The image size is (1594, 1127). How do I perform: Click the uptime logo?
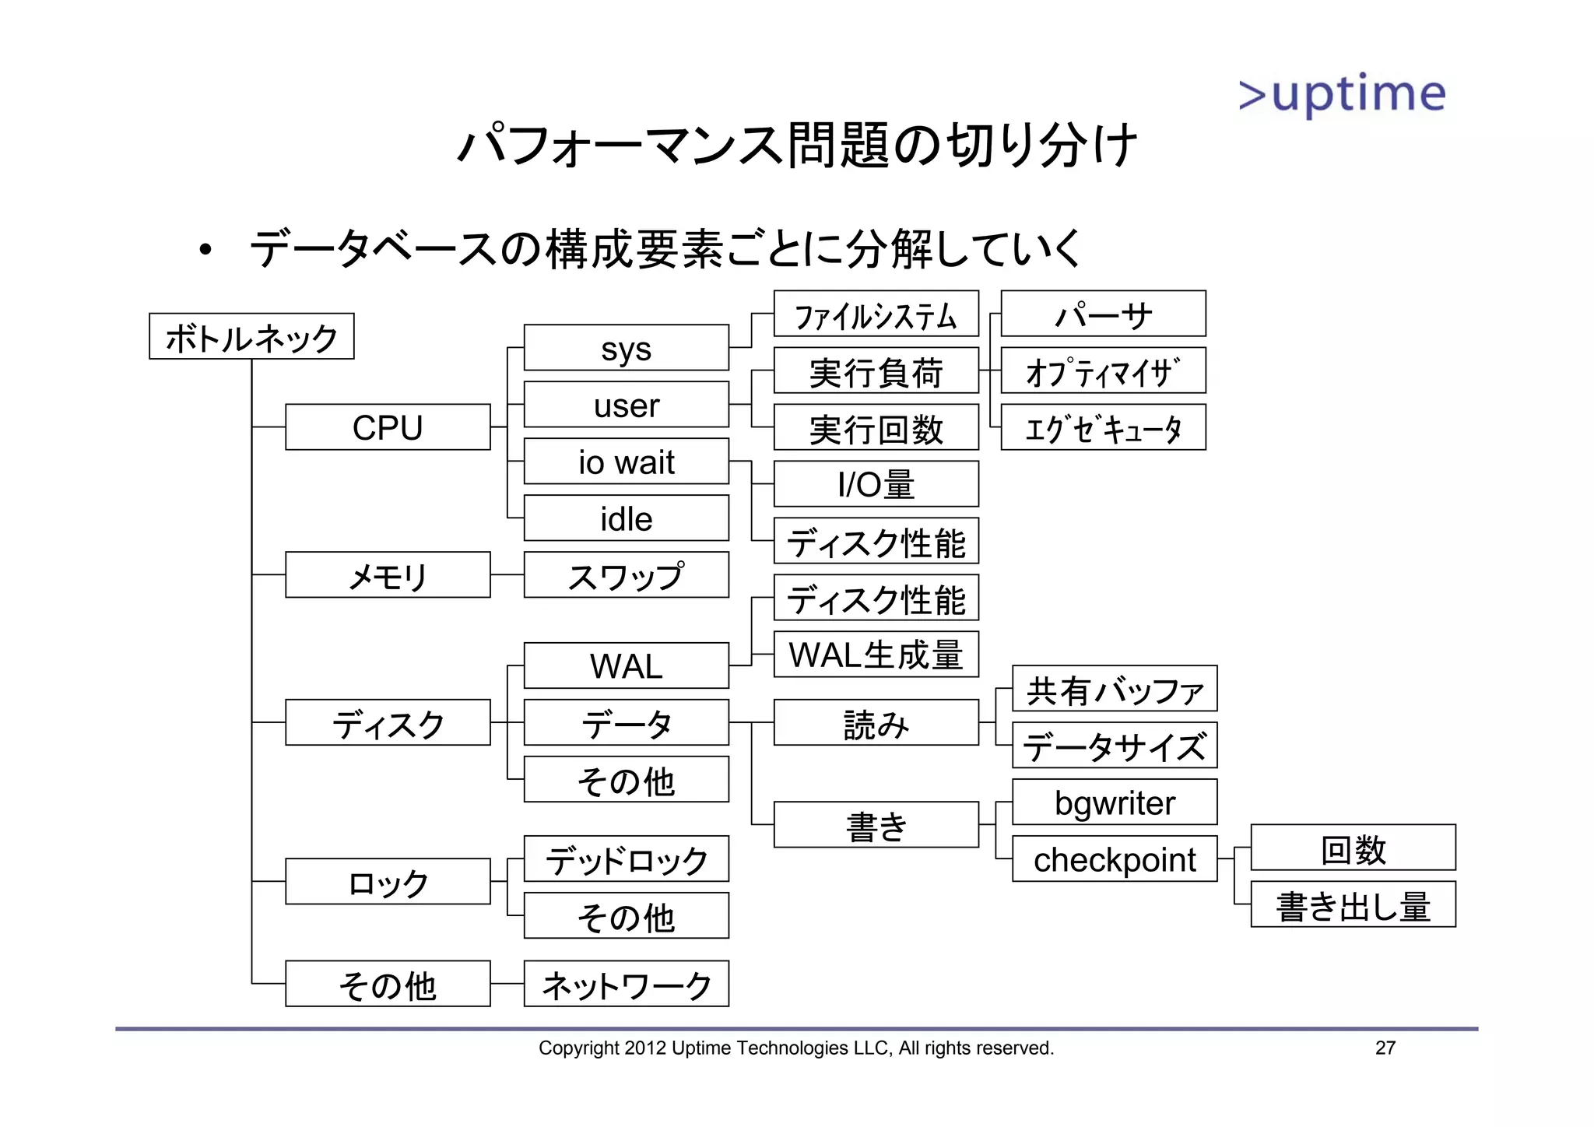[x=1342, y=95]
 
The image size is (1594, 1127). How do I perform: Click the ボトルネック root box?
[x=251, y=336]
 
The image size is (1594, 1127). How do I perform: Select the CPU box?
[x=388, y=427]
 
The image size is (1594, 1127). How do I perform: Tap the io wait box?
[x=626, y=462]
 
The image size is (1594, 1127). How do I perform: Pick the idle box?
[x=626, y=518]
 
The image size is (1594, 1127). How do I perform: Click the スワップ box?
[x=626, y=575]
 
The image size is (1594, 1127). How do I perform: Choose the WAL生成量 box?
[x=876, y=655]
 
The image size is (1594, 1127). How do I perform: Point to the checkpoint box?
[x=1114, y=859]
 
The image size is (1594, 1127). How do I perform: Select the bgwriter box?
[x=1114, y=802]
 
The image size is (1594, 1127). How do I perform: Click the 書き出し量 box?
[x=1353, y=904]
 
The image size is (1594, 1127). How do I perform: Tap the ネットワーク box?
[x=626, y=984]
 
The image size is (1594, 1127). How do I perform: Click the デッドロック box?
[x=626, y=859]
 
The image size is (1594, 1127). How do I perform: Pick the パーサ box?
[x=1103, y=314]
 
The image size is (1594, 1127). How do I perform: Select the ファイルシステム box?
[x=876, y=314]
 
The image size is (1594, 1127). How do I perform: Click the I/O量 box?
[x=876, y=484]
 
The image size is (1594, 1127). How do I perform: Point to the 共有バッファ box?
[x=1114, y=689]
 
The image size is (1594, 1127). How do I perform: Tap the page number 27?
[x=1385, y=1048]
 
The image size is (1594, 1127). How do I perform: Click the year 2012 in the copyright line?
[x=644, y=1048]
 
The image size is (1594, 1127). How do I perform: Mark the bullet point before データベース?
[x=205, y=250]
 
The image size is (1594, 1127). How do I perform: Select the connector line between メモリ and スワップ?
[x=507, y=575]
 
